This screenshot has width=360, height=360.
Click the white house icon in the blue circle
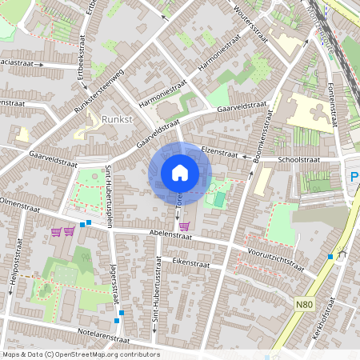(179, 173)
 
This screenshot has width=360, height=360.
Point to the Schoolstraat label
(298, 160)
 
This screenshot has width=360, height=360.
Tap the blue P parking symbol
(354, 177)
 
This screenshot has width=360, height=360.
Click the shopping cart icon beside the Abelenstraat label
(185, 226)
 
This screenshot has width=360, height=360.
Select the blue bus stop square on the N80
(330, 256)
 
